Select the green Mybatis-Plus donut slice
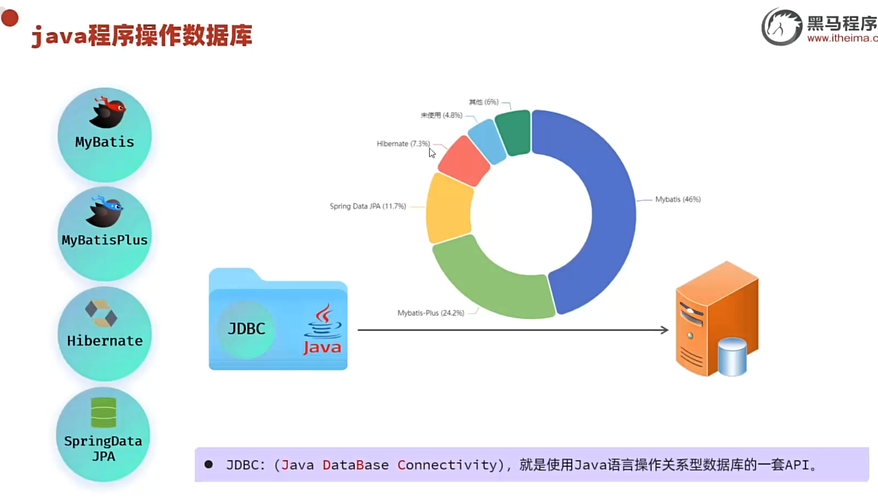490,283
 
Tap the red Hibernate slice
463,161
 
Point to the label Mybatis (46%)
677,199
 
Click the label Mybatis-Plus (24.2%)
430,313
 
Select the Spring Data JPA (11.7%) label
368,206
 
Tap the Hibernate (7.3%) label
403,144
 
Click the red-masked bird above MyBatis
108,112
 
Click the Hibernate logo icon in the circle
101,314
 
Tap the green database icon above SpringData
103,412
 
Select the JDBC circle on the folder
246,329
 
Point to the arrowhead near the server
664,330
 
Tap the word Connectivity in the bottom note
447,465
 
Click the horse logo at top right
782,27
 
